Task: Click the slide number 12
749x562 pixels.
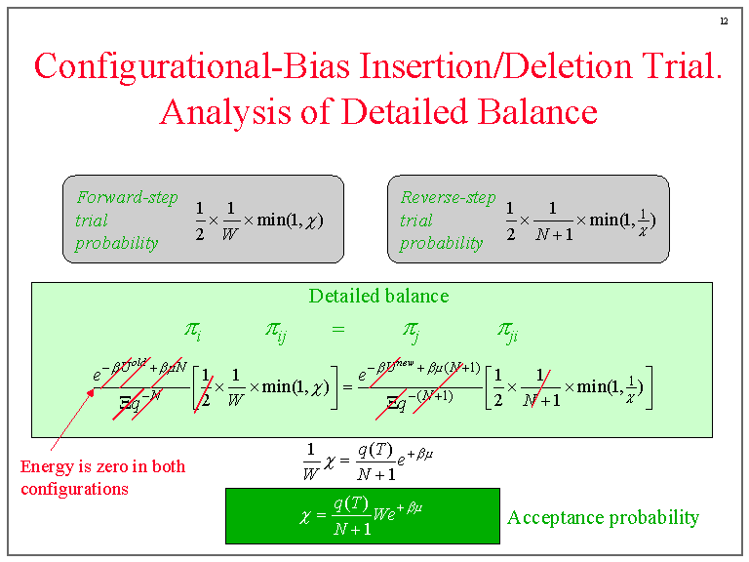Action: tap(724, 21)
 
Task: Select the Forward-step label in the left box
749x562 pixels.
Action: tap(114, 197)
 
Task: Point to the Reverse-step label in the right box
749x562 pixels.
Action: tap(448, 197)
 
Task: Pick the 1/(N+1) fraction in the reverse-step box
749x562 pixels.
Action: tap(552, 221)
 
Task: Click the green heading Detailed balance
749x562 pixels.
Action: tap(378, 296)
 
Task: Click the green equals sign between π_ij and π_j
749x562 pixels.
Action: tap(338, 330)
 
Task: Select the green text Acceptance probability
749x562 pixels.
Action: tap(603, 517)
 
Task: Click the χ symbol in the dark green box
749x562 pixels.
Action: tap(305, 515)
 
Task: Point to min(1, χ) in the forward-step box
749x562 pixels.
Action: tap(290, 221)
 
